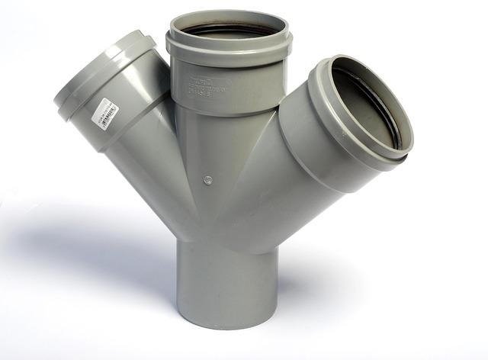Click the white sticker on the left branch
click(105, 114)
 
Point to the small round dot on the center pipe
click(206, 181)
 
